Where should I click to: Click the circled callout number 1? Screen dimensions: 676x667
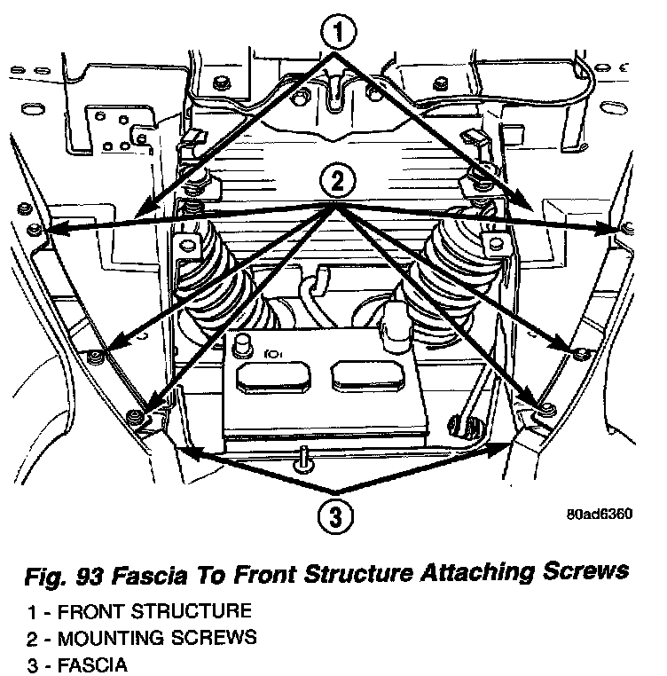[337, 35]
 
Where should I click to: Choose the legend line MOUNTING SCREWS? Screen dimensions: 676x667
[155, 637]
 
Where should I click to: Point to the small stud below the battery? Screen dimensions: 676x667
[302, 457]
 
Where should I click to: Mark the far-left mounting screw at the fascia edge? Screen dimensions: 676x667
[33, 231]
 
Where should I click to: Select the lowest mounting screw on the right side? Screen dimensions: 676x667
[546, 407]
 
